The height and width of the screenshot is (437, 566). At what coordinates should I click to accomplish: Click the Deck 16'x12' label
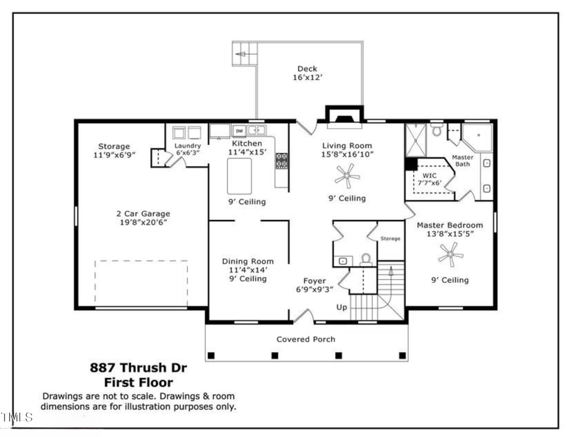pyautogui.click(x=307, y=73)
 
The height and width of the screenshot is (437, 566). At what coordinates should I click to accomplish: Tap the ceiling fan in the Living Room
pyautogui.click(x=347, y=177)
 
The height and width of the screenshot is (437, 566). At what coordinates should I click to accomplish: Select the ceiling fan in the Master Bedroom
pyautogui.click(x=450, y=255)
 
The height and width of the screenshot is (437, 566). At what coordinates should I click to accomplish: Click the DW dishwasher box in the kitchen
pyautogui.click(x=239, y=131)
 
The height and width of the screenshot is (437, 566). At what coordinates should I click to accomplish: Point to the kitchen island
pyautogui.click(x=239, y=175)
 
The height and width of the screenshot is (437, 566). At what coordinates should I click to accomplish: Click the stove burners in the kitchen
pyautogui.click(x=282, y=161)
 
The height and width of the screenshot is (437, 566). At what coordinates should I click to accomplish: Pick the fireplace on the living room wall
pyautogui.click(x=344, y=116)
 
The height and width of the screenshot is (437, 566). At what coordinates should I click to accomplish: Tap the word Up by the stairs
pyautogui.click(x=342, y=308)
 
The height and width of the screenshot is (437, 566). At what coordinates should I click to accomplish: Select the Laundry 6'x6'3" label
pyautogui.click(x=187, y=149)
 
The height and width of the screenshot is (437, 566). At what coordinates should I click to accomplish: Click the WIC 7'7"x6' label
pyautogui.click(x=430, y=179)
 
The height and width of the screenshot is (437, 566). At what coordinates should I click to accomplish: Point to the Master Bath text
pyautogui.click(x=463, y=161)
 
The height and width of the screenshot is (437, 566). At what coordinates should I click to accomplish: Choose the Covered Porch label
pyautogui.click(x=306, y=340)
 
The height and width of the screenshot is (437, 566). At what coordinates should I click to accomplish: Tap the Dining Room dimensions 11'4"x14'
pyautogui.click(x=248, y=270)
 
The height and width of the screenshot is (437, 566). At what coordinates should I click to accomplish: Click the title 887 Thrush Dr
pyautogui.click(x=138, y=368)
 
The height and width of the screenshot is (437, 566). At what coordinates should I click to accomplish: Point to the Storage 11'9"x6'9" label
pyautogui.click(x=114, y=151)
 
